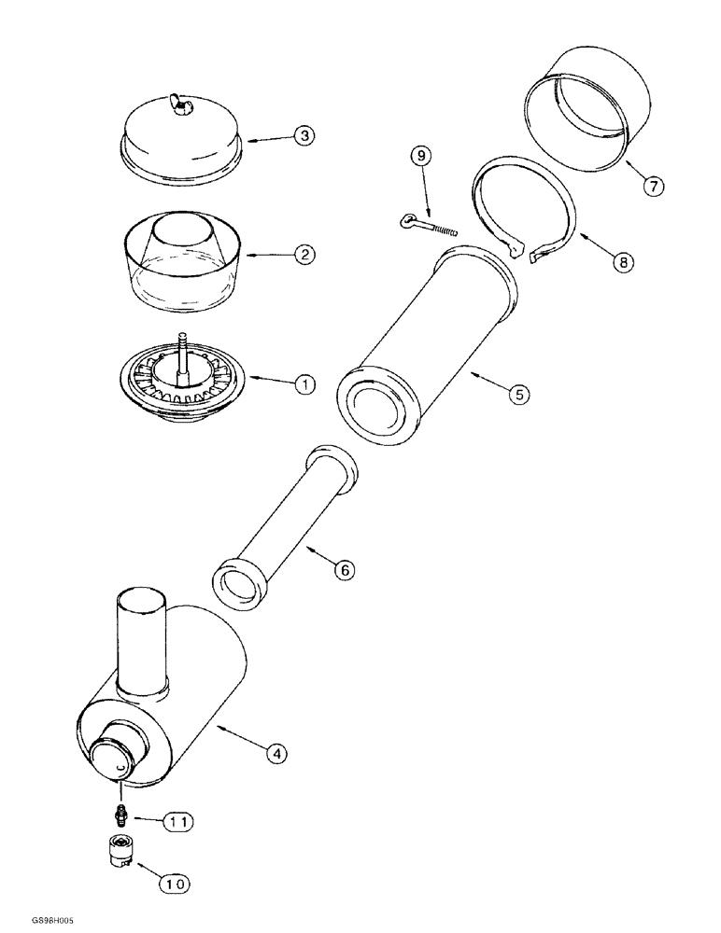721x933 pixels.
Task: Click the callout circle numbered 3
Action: [304, 135]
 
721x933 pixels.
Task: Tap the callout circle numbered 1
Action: [304, 383]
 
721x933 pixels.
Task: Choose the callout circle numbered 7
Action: [651, 186]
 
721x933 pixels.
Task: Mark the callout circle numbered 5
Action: [518, 395]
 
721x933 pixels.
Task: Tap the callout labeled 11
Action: [178, 821]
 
